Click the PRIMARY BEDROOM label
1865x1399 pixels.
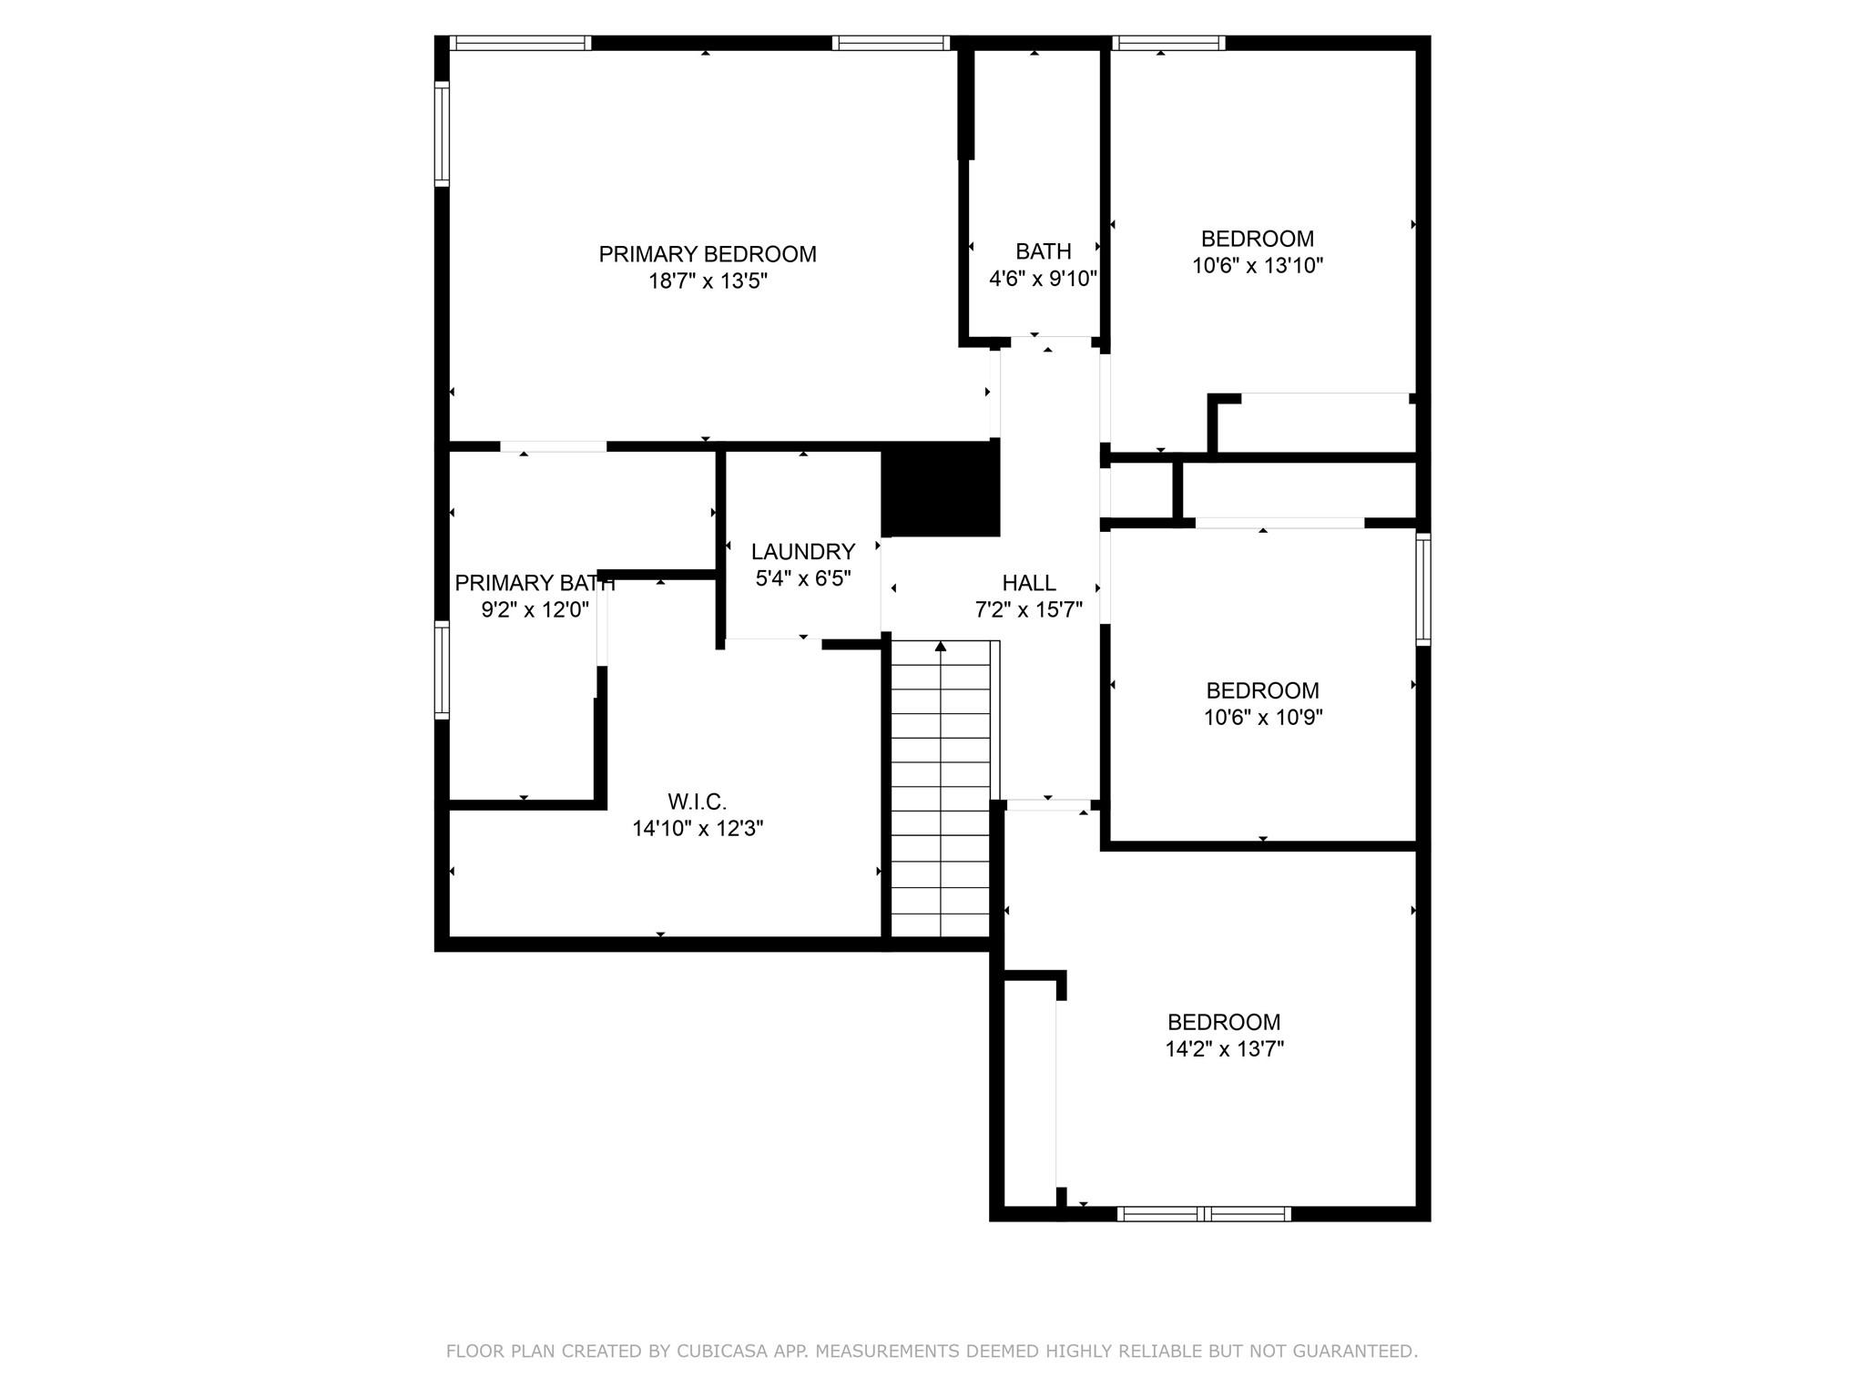point(708,254)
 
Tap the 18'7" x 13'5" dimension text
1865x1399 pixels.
point(708,281)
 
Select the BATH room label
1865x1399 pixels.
point(1044,251)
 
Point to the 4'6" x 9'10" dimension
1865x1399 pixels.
point(1044,279)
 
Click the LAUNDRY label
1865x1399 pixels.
point(803,552)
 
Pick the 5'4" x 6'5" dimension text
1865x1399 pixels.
point(803,579)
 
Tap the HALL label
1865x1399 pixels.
point(1029,583)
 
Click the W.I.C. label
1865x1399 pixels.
point(698,802)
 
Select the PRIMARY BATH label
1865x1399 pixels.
point(535,583)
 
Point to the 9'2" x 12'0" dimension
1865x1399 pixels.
point(535,609)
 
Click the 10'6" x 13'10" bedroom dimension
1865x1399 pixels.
point(1258,266)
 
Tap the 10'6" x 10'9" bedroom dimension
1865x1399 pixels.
point(1263,718)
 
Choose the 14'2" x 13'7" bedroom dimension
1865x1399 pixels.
point(1225,1049)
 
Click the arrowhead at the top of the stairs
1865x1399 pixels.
point(941,647)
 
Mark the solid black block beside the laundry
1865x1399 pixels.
point(941,489)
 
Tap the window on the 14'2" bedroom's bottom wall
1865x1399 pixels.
point(1204,1213)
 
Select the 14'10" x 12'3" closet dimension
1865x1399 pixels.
point(698,829)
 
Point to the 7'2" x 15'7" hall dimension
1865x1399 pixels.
point(1029,610)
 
